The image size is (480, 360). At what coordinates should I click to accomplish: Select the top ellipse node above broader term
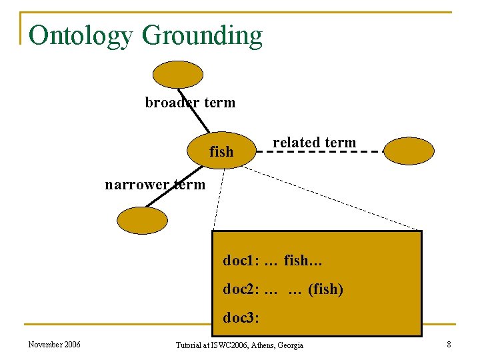[x=178, y=75]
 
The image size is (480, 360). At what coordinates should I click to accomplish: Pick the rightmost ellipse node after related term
[x=409, y=151]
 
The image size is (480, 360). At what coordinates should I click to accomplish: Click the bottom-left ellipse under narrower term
[x=142, y=220]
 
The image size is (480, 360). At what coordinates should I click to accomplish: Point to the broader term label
[x=190, y=103]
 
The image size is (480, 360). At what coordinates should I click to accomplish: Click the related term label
[x=314, y=142]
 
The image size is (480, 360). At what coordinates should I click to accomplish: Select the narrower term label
[x=155, y=185]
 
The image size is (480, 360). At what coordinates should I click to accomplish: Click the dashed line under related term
[x=320, y=152]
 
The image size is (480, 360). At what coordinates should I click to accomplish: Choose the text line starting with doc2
[x=283, y=290]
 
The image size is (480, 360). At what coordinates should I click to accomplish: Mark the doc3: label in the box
[x=241, y=319]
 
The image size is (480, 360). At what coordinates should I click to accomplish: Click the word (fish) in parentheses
[x=325, y=290]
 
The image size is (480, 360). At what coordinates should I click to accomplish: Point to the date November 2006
[x=55, y=345]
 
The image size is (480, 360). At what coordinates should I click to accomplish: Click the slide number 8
[x=449, y=345]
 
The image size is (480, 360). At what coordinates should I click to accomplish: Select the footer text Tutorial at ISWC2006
[x=239, y=345]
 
